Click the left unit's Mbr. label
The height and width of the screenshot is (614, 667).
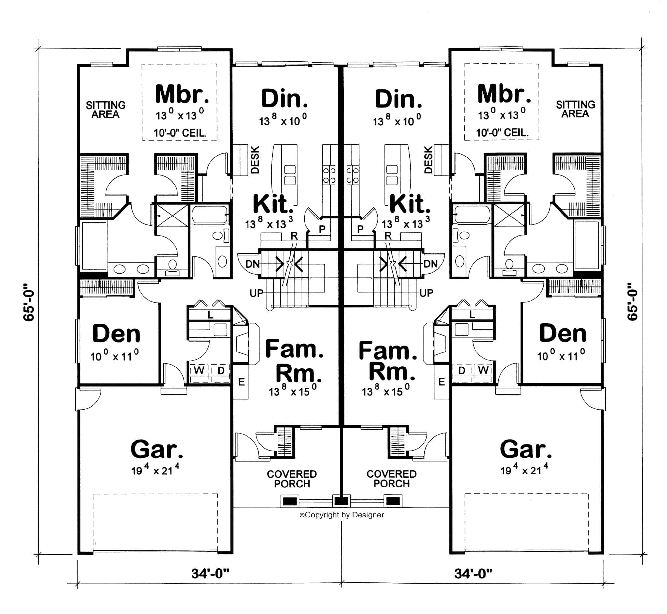[x=182, y=95]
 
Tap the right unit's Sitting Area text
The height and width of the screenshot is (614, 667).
[x=575, y=109]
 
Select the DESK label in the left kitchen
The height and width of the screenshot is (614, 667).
[x=255, y=160]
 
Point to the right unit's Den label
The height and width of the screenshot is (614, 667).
[x=562, y=334]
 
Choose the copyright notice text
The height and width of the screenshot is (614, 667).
[x=341, y=515]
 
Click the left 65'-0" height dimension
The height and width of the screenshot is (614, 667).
[x=29, y=302]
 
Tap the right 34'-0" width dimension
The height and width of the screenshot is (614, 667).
[x=473, y=574]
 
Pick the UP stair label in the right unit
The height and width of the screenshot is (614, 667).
[x=426, y=293]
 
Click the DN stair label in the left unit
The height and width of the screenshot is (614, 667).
[x=252, y=264]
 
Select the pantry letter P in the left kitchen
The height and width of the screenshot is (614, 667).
[x=322, y=229]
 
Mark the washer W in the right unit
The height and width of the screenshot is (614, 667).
[x=483, y=370]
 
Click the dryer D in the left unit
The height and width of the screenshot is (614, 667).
[x=221, y=370]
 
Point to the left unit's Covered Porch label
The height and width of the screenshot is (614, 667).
[x=292, y=479]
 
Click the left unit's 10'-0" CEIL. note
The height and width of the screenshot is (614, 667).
[x=180, y=133]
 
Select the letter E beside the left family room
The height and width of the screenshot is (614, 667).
[x=241, y=382]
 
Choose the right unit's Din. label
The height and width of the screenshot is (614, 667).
[x=398, y=99]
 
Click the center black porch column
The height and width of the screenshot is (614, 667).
[x=341, y=501]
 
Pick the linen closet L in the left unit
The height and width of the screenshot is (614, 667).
[x=210, y=314]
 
